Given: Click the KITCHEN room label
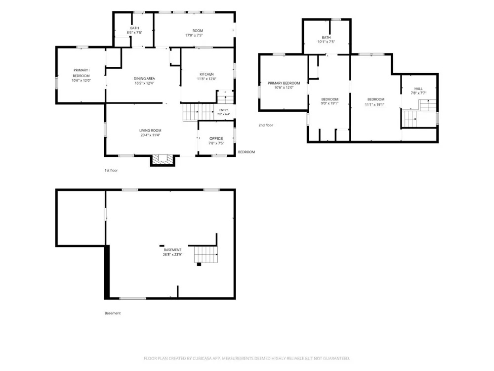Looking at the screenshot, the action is (206, 74).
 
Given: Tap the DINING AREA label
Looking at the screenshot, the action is (144, 79).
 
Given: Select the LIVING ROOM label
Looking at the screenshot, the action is (150, 130).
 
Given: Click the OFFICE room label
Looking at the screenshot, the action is (216, 139).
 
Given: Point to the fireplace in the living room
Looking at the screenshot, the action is (163, 160).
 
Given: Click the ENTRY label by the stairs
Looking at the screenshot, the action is (224, 110).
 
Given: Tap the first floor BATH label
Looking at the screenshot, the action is (134, 28).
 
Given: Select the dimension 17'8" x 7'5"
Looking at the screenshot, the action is (194, 35).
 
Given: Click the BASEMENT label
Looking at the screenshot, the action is (172, 250).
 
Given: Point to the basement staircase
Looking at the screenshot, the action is (206, 255).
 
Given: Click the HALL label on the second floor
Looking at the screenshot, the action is (418, 89).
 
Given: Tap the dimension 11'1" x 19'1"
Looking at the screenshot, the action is (374, 105).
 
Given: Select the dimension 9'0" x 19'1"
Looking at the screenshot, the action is (329, 103).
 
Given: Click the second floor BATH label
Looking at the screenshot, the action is (326, 38).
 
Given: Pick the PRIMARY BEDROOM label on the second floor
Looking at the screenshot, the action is (284, 83).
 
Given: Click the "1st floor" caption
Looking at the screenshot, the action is (111, 170).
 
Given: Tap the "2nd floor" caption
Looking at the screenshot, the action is (266, 125).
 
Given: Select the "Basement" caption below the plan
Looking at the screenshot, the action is (113, 313).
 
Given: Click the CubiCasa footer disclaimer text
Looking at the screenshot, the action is (247, 358).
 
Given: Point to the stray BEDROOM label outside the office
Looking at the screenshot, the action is (247, 152).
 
